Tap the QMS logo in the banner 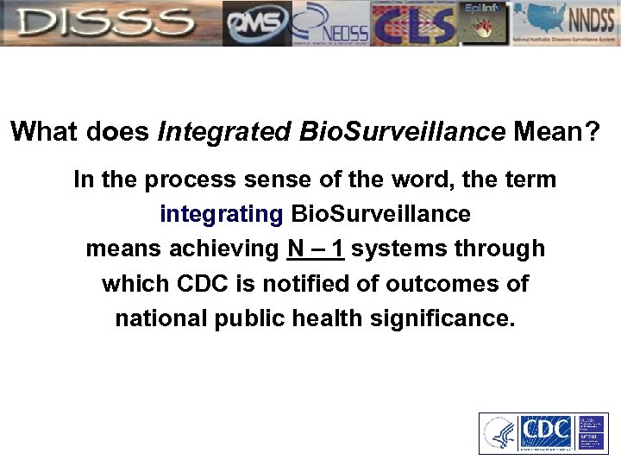(x=256, y=23)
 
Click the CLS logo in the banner (x=413, y=23)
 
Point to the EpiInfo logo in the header (x=485, y=23)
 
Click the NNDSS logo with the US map (x=566, y=23)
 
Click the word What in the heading (x=43, y=131)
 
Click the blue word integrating (x=221, y=214)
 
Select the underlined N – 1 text (x=316, y=249)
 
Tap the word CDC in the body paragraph (x=201, y=283)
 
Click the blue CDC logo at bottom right (x=544, y=433)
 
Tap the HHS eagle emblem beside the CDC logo (x=499, y=433)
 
